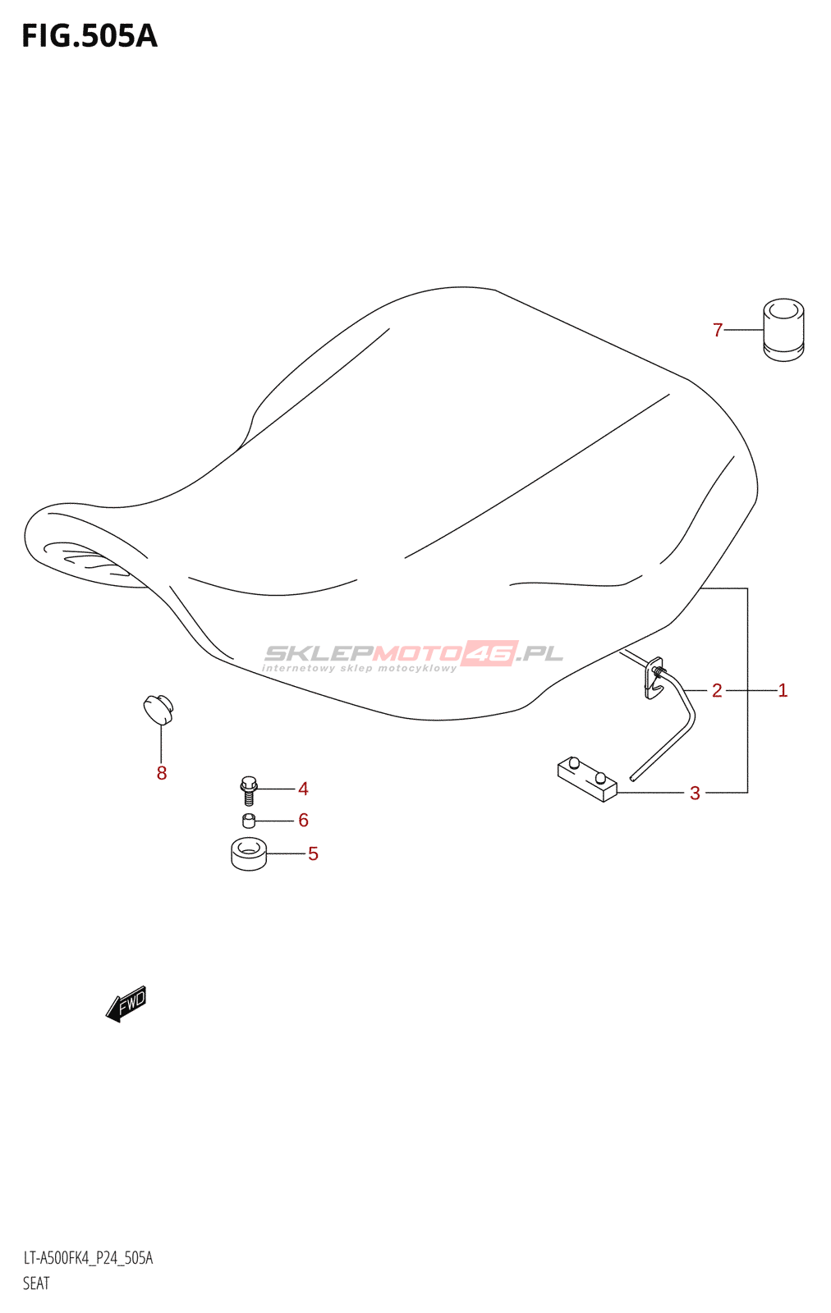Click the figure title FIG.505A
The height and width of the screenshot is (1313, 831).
[89, 36]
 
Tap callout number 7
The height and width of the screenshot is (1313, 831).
[718, 330]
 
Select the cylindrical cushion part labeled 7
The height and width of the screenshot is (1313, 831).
[783, 330]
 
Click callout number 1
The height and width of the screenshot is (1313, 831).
[783, 690]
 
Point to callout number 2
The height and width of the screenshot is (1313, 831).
[717, 690]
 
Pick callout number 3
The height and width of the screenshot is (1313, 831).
[695, 793]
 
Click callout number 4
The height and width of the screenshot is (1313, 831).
[303, 789]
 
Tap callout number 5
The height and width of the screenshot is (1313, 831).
[313, 853]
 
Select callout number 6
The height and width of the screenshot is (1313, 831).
[303, 820]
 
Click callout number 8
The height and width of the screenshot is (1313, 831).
[162, 772]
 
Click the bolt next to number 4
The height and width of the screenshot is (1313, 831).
[250, 789]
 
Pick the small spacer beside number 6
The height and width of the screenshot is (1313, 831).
[249, 821]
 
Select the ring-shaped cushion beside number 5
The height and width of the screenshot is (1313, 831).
[249, 853]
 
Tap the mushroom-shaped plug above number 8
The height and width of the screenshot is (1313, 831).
[158, 709]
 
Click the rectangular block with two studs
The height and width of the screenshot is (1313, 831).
[586, 779]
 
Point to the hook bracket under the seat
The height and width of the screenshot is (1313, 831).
[655, 678]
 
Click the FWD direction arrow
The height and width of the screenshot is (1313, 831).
[126, 1004]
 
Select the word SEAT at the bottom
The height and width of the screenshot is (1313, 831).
[36, 1283]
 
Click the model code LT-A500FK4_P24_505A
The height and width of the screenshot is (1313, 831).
[88, 1258]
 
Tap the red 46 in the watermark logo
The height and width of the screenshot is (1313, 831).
[489, 653]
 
